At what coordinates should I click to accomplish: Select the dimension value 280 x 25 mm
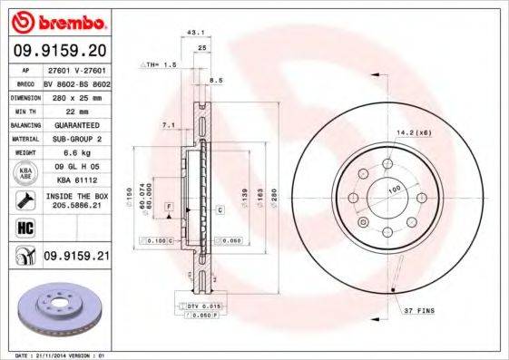[x=75, y=96]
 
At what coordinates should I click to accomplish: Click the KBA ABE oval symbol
[x=26, y=175]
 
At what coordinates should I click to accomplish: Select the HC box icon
[x=25, y=228]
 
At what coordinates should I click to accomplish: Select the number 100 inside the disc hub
[x=395, y=190]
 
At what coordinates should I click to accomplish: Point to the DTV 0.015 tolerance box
[x=204, y=308]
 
